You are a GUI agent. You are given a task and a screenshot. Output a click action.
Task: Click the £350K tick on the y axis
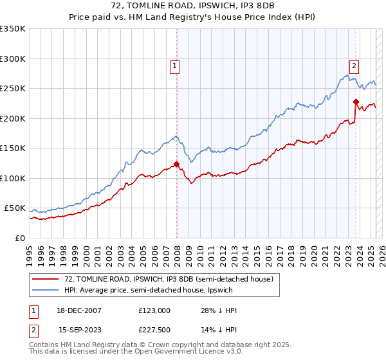12,29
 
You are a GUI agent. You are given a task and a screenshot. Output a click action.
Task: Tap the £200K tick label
12,118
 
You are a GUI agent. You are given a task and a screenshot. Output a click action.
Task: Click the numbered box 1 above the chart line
174,65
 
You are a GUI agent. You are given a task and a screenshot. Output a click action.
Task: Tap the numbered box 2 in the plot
354,65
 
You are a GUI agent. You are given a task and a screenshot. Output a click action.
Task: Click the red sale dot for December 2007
176,164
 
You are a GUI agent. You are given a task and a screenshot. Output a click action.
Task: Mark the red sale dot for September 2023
355,101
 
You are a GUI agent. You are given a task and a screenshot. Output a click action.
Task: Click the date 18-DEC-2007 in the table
80,310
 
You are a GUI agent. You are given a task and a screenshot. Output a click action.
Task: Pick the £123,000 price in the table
154,310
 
